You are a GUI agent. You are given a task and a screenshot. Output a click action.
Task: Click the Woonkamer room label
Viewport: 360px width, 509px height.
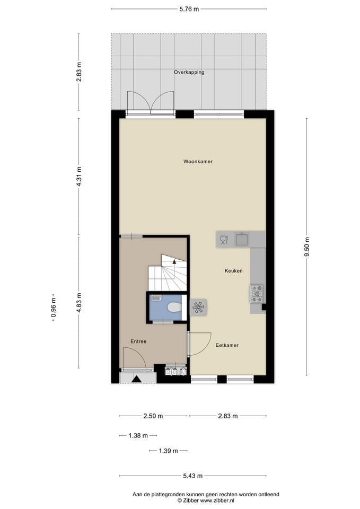[x=198, y=161]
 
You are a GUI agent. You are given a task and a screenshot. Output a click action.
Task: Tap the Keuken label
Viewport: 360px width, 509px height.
[x=233, y=271]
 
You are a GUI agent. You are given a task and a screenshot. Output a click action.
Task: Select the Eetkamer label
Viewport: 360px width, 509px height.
[x=227, y=345]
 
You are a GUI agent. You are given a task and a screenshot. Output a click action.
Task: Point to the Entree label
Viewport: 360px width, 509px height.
[x=138, y=341]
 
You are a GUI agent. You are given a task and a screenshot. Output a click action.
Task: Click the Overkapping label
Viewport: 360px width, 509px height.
[x=189, y=72]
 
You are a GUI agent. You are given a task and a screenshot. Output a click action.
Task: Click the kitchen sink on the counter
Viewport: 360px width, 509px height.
[x=243, y=240]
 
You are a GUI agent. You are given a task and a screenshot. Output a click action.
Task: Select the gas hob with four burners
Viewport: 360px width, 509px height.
[x=257, y=293]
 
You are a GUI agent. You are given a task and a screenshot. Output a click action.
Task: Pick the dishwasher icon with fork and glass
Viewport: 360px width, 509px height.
[x=223, y=240]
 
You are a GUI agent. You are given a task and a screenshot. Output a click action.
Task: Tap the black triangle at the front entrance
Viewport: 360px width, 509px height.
[x=137, y=379]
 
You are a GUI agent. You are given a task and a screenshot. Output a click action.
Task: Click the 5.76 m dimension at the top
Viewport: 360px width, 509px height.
[x=189, y=9]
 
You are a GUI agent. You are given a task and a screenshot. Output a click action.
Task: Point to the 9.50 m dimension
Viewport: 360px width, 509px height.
[x=306, y=247]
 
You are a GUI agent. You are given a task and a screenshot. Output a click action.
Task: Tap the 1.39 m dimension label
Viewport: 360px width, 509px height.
[x=168, y=451]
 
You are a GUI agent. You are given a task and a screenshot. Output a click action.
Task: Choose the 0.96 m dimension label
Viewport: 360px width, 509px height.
[x=52, y=308]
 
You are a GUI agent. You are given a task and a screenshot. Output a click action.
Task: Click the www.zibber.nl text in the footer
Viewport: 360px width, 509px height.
[x=217, y=500]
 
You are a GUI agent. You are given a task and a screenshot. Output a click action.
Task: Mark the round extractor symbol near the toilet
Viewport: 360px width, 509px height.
[x=199, y=307]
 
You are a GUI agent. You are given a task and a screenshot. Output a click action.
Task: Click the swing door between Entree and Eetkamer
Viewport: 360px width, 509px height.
[x=200, y=344]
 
